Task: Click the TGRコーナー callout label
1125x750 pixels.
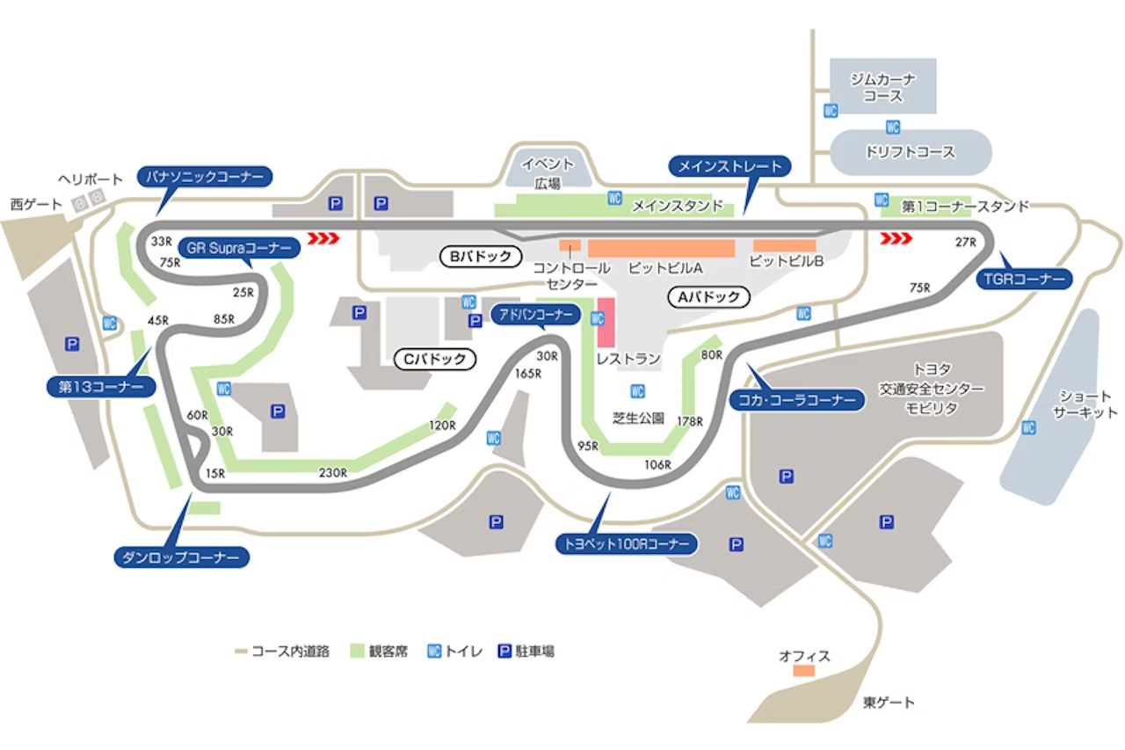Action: point(1024,280)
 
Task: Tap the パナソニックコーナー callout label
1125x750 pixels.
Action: point(204,177)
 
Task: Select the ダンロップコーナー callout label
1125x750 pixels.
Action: point(182,557)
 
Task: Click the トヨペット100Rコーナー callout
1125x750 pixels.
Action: point(628,544)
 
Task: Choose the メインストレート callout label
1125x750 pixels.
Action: point(730,166)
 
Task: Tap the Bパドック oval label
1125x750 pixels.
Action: point(480,257)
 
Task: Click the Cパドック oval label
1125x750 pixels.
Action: point(434,359)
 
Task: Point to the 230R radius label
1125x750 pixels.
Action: point(332,472)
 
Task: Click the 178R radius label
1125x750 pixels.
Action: point(690,422)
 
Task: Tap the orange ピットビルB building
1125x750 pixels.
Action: point(785,245)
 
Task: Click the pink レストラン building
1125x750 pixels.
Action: point(605,324)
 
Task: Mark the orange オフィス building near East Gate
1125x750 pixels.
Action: point(803,671)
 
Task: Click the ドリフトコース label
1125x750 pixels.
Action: point(910,152)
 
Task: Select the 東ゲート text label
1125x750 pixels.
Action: point(889,703)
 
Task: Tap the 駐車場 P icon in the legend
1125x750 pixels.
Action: point(505,652)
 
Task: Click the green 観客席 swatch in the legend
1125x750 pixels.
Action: point(358,652)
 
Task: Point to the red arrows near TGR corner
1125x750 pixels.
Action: point(896,237)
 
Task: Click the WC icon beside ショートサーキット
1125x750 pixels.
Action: point(1028,428)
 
